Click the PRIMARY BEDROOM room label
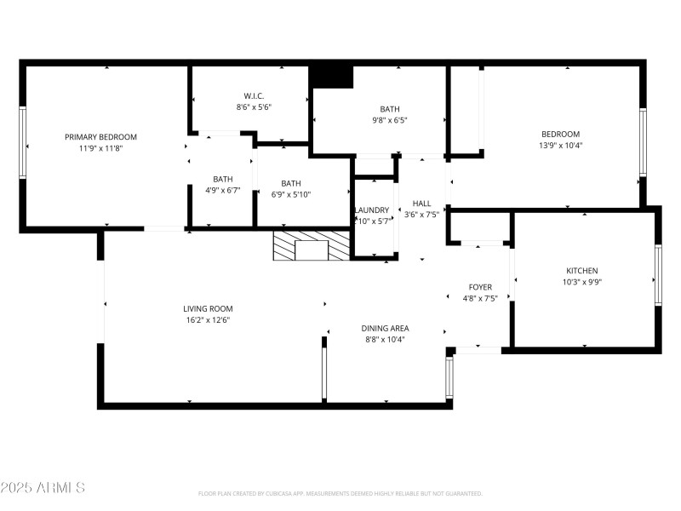(x=100, y=137)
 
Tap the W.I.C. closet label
(x=253, y=95)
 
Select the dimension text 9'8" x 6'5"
(x=389, y=120)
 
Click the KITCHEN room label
(x=582, y=271)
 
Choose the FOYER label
(x=480, y=287)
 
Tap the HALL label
(x=422, y=204)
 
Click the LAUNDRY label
(x=372, y=210)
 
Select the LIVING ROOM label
(x=208, y=309)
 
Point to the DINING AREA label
(x=386, y=328)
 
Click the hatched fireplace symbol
(x=311, y=245)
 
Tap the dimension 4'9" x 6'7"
(x=222, y=191)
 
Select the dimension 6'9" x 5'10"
(x=291, y=194)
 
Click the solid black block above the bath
(x=331, y=76)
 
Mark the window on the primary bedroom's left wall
(x=24, y=142)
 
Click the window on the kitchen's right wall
(x=657, y=275)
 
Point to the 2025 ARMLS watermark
(x=43, y=488)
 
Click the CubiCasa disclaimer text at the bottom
(x=340, y=493)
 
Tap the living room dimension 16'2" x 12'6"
(x=208, y=319)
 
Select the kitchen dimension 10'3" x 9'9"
(x=582, y=282)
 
